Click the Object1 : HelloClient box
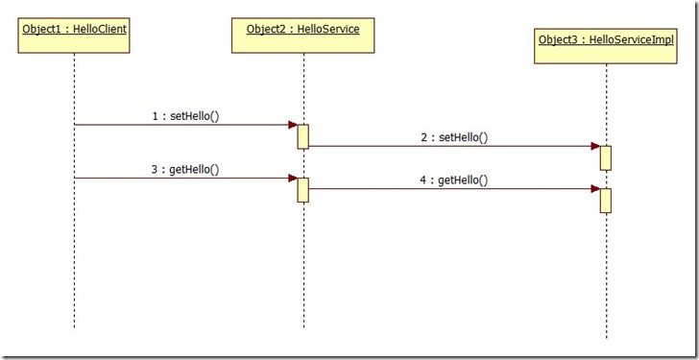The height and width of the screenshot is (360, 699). tap(74, 36)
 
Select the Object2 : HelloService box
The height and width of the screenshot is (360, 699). tap(302, 36)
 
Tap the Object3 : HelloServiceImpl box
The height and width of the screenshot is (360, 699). tap(606, 46)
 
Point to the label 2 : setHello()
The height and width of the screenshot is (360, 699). tap(454, 137)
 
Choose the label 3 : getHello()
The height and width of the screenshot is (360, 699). tap(185, 169)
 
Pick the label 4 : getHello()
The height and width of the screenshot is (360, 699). tap(453, 180)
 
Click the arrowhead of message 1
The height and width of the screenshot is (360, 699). tap(293, 125)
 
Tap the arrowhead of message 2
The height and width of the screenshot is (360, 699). tap(595, 146)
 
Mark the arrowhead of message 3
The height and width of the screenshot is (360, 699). tap(293, 178)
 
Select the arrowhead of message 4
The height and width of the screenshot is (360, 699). tap(595, 189)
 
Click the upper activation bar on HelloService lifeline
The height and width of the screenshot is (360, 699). tap(302, 136)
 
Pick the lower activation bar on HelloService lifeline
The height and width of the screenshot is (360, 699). tap(302, 189)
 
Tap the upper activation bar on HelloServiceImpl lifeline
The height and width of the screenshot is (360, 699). tap(606, 157)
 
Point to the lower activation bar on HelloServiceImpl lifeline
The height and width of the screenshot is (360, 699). tap(606, 200)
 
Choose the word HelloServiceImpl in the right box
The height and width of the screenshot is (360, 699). tap(635, 39)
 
